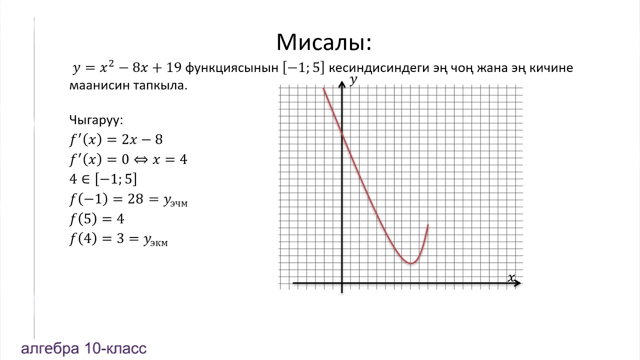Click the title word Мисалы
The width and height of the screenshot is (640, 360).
pyautogui.click(x=323, y=43)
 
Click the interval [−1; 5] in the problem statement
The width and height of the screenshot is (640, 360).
pyautogui.click(x=303, y=68)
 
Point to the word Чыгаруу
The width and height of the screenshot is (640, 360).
pyautogui.click(x=95, y=120)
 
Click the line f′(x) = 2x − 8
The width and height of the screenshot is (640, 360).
pyautogui.click(x=116, y=140)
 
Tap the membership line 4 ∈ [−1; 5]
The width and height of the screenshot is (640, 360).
pyautogui.click(x=103, y=179)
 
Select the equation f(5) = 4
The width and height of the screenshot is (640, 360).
pyautogui.click(x=96, y=219)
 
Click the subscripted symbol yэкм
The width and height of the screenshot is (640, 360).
pyautogui.click(x=155, y=240)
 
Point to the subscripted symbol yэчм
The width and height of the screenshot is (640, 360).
pyautogui.click(x=175, y=200)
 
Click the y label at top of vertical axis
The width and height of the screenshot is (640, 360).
pyautogui.click(x=353, y=80)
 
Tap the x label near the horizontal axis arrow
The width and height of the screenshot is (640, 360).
pyautogui.click(x=511, y=277)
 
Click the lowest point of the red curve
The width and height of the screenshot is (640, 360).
pyautogui.click(x=410, y=263)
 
